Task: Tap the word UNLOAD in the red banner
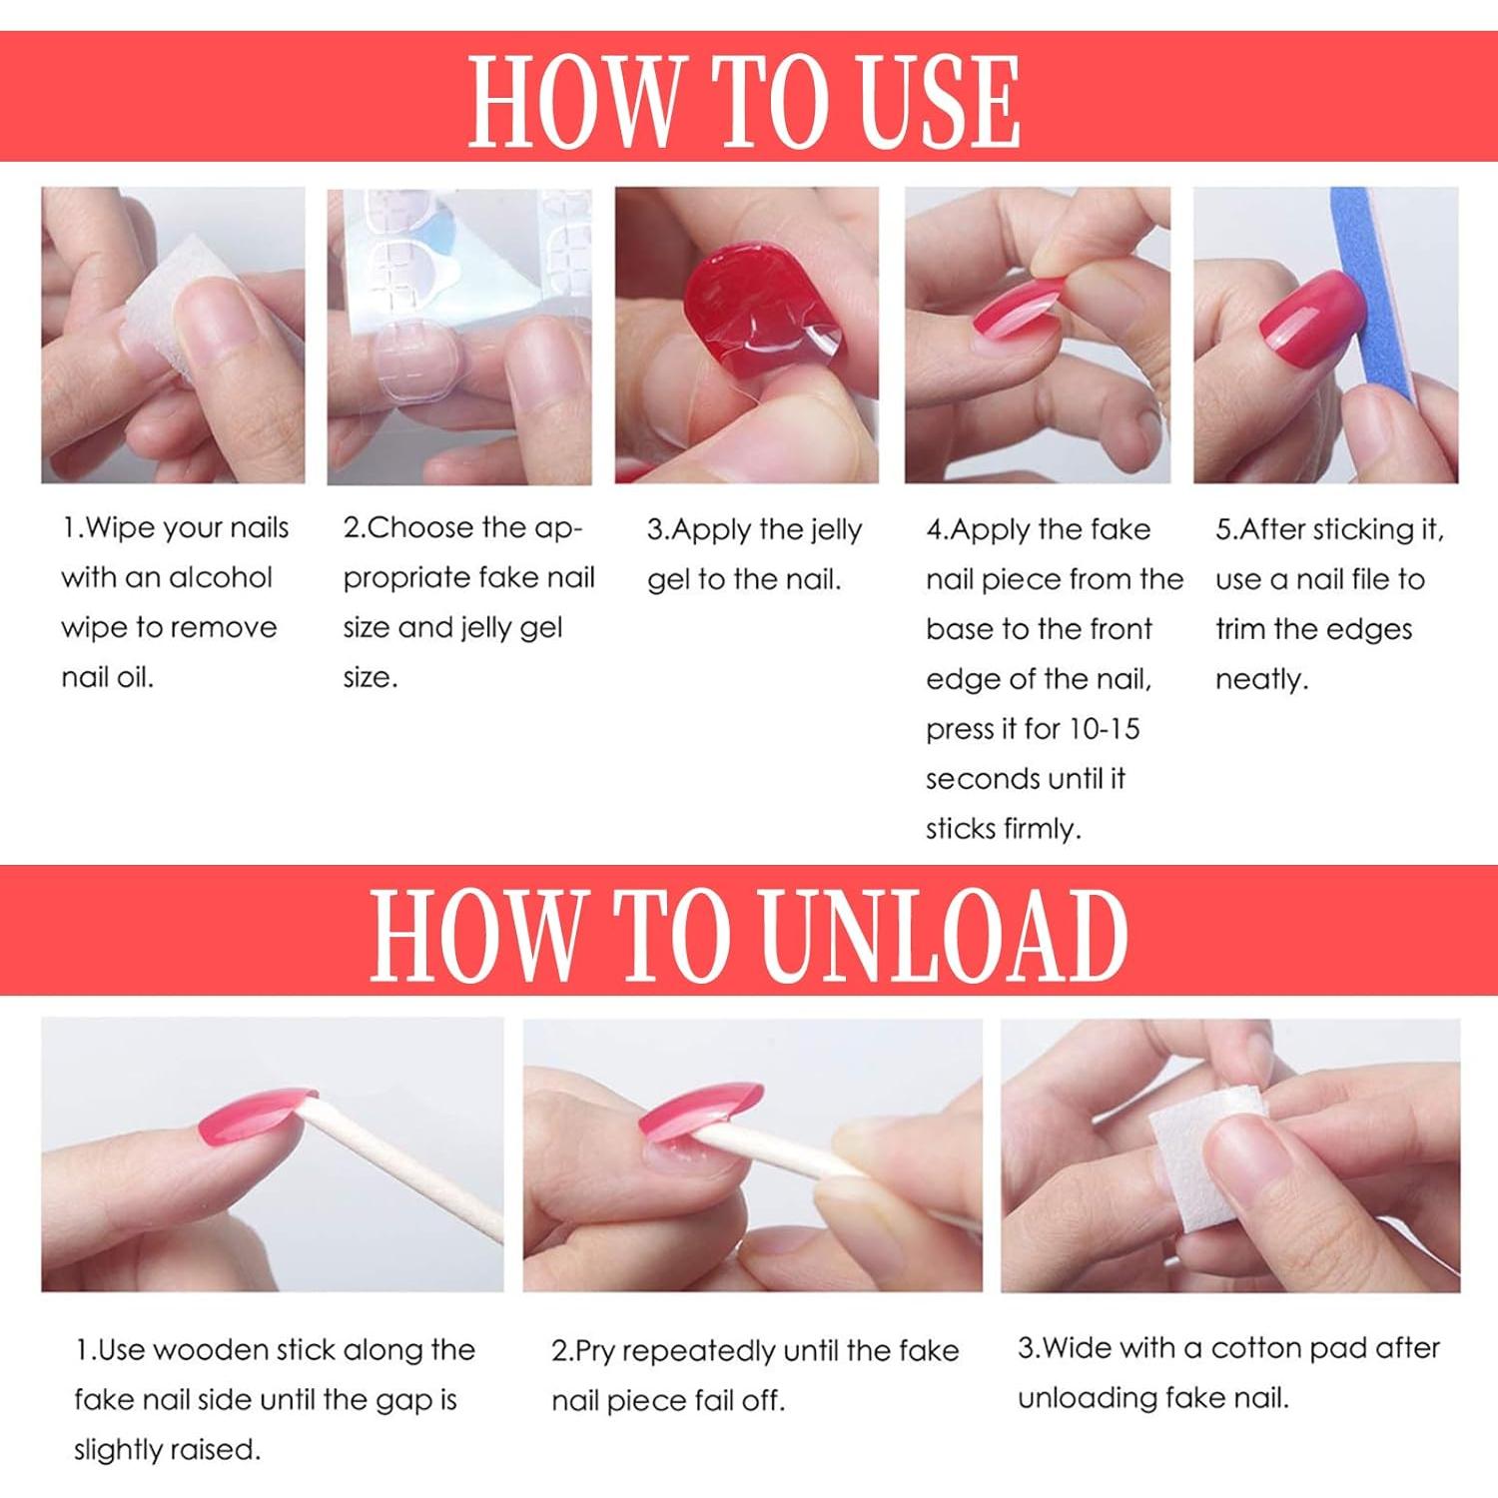tap(944, 934)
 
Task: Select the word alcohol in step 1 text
tap(220, 577)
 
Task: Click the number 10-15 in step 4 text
tap(1104, 729)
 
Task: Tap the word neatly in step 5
tap(1261, 680)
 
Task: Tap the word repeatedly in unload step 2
tap(698, 1352)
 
